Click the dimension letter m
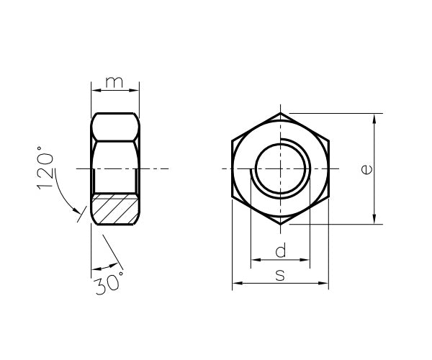[114, 82]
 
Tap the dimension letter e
[366, 169]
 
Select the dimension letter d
[281, 250]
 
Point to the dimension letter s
[280, 276]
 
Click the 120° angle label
[44, 168]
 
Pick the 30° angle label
[108, 283]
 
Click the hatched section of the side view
[115, 209]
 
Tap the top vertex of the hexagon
[281, 113]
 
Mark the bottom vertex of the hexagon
[281, 225]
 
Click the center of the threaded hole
[281, 168]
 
